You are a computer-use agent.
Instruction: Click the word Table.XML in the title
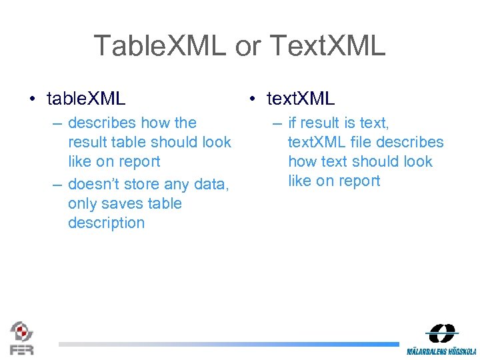[160, 46]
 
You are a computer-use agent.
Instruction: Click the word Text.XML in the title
[328, 46]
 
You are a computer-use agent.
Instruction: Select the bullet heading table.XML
[86, 99]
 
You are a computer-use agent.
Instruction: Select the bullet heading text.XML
[301, 99]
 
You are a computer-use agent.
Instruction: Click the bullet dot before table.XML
[33, 99]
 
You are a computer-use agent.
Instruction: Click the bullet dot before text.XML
[252, 99]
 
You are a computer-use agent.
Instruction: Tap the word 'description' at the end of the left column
[106, 223]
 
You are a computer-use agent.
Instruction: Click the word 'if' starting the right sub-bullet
[292, 123]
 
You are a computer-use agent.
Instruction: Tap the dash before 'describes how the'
[57, 123]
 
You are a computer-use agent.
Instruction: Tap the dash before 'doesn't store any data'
[57, 185]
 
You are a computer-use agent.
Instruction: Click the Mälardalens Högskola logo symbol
[442, 333]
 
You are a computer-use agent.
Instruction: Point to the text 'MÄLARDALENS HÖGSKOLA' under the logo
[441, 351]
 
